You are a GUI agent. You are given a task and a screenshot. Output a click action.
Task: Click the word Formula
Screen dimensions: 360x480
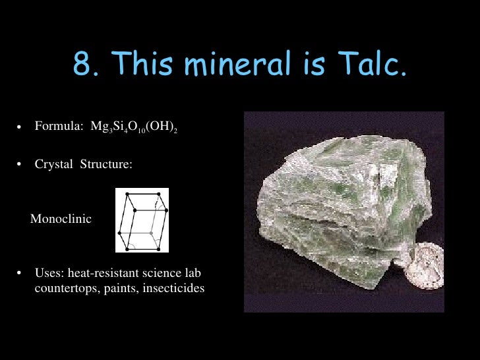(x=57, y=127)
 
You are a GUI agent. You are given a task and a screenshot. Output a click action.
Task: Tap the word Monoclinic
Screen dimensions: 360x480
(x=61, y=219)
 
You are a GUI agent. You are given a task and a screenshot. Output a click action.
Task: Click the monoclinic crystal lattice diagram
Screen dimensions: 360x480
(x=142, y=220)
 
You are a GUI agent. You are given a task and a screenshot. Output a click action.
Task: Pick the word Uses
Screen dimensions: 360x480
(x=48, y=273)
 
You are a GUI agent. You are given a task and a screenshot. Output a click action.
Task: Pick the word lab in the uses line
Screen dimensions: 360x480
(x=193, y=273)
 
